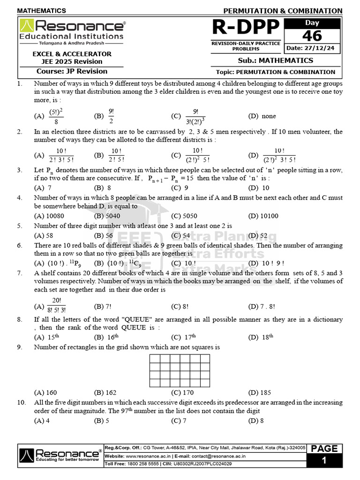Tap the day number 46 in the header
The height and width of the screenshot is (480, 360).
coord(312,36)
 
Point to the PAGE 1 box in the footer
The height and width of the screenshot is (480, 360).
coord(324,455)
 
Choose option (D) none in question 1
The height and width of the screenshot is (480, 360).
coord(262,116)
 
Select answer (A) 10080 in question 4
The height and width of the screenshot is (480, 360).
coord(49,216)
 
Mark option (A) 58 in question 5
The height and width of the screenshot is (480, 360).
coord(44,236)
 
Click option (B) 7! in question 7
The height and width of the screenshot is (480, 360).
coord(102,307)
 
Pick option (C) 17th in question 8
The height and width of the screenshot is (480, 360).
coord(183,337)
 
